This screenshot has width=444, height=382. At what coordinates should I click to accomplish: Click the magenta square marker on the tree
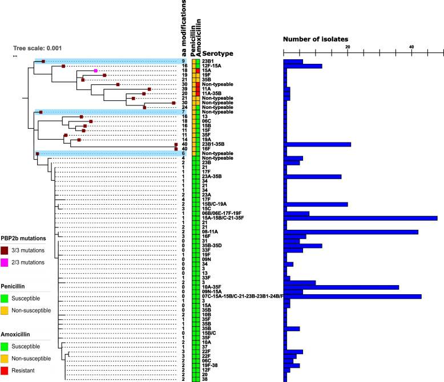coord(96,71)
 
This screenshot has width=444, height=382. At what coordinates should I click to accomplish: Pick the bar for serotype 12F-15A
coord(303,66)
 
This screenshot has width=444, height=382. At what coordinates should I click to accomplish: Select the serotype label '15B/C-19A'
coord(215,204)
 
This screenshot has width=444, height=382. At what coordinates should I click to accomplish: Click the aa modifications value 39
coord(184,90)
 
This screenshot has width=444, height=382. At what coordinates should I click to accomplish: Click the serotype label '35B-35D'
coord(215,246)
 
